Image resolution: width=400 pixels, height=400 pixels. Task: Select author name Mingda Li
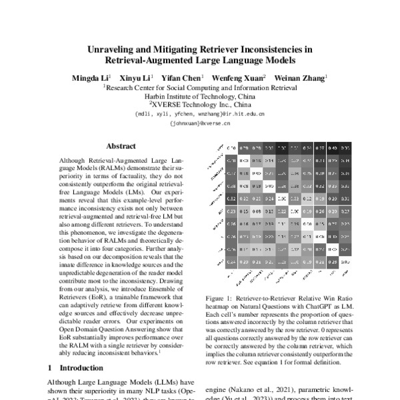point(90,78)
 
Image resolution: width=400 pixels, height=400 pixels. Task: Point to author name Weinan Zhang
point(301,78)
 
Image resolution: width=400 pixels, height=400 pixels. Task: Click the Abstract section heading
point(121,146)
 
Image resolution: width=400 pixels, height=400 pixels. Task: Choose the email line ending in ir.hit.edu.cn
point(200,114)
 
